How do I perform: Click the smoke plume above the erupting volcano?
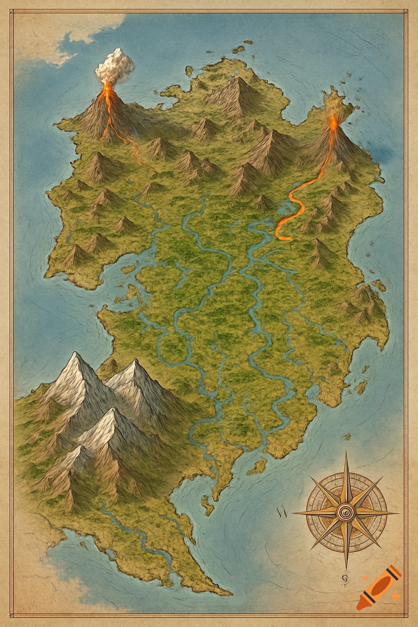pos(115,65)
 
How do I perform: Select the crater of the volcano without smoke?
pos(334,121)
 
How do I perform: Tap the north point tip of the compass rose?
pos(346,452)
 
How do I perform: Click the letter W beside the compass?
pos(281,513)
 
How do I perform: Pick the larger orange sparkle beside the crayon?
pos(395,597)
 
